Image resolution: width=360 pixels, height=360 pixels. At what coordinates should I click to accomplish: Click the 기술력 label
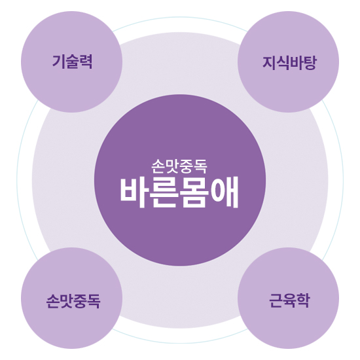pyautogui.click(x=72, y=62)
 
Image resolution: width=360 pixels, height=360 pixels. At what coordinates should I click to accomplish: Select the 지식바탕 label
pyautogui.click(x=289, y=62)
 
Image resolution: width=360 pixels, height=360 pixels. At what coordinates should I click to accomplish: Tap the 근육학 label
pyautogui.click(x=289, y=300)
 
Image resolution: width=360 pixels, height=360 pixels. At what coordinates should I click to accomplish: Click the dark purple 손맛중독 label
pyautogui.click(x=73, y=301)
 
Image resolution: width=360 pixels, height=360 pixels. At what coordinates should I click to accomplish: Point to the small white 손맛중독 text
pyautogui.click(x=179, y=166)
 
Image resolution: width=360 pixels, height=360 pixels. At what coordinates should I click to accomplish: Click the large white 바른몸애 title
pyautogui.click(x=179, y=192)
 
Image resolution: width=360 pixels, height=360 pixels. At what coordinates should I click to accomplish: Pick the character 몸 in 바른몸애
pyautogui.click(x=194, y=192)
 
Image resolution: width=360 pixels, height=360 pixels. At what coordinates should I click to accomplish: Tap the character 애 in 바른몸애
pyautogui.click(x=225, y=192)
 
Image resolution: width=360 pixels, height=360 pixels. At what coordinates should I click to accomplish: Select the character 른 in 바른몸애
pyautogui.click(x=164, y=192)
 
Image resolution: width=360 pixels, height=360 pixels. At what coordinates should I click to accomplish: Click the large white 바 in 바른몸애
pyautogui.click(x=134, y=192)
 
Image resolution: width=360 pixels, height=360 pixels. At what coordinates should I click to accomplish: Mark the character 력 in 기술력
pyautogui.click(x=86, y=62)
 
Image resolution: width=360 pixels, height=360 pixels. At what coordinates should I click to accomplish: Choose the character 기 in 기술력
pyautogui.click(x=58, y=62)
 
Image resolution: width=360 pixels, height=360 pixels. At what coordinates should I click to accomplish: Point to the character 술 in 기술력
pyautogui.click(x=72, y=62)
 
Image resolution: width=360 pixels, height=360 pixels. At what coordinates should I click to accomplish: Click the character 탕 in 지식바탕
pyautogui.click(x=310, y=62)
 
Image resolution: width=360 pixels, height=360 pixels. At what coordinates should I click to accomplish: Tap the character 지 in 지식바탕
pyautogui.click(x=269, y=62)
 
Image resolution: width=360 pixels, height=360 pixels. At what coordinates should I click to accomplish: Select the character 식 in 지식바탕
pyautogui.click(x=283, y=62)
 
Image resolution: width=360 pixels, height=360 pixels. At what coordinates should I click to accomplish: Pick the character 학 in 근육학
pyautogui.click(x=304, y=300)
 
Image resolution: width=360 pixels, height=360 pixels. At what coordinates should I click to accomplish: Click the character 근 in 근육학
pyautogui.click(x=276, y=300)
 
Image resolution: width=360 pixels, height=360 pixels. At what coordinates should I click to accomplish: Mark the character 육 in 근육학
pyautogui.click(x=289, y=300)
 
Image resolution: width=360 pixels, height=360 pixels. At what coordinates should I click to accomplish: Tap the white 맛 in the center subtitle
pyautogui.click(x=172, y=166)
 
